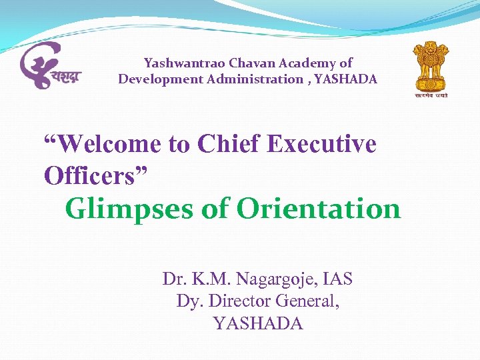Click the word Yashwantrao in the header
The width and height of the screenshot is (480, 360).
(x=184, y=64)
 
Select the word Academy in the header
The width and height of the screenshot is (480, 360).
(x=309, y=63)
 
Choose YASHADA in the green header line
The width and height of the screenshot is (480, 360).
(x=346, y=79)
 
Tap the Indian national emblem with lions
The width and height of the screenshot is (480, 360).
(x=430, y=64)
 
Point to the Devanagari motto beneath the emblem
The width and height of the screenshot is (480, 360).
(x=431, y=95)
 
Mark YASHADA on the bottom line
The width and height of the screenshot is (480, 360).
(x=258, y=324)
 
